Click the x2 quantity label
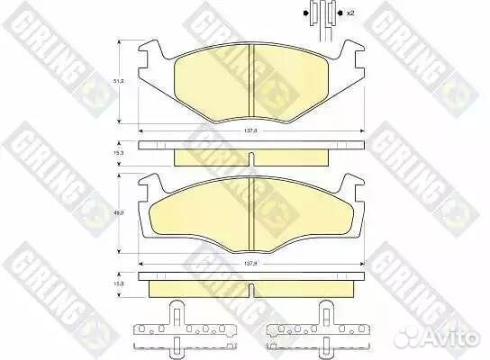click(x=349, y=13)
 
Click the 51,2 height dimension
click(x=117, y=82)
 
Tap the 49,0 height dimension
click(x=117, y=213)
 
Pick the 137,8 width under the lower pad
click(x=252, y=263)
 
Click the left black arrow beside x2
click(x=304, y=13)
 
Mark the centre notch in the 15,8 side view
click(x=252, y=278)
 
